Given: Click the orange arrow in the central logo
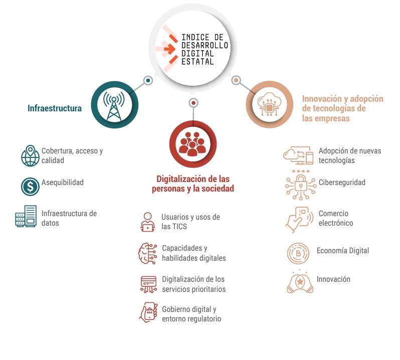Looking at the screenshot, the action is (x=170, y=49).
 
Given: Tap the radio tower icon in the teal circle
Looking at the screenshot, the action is (x=114, y=106).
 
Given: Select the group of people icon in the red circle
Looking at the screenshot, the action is (x=192, y=144).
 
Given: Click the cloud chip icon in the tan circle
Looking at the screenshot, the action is (x=269, y=105).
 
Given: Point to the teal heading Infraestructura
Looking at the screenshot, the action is (x=55, y=108).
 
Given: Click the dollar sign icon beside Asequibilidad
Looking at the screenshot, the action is (x=30, y=187).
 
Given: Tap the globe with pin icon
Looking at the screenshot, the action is (x=30, y=155).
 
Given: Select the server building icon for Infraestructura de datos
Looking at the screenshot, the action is (x=26, y=216).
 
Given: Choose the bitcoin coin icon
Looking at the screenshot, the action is (x=298, y=253).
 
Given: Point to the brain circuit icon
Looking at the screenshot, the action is (x=148, y=253).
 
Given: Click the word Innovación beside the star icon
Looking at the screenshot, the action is (x=333, y=279).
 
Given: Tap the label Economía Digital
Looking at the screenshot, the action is (x=343, y=251).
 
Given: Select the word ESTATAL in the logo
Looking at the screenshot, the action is (x=197, y=62).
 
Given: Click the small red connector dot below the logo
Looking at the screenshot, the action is (x=193, y=103).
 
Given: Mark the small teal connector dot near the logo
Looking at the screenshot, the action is (x=148, y=81).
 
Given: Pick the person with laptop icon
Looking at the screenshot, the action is (x=147, y=222).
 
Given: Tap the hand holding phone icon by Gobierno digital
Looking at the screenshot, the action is (x=148, y=312).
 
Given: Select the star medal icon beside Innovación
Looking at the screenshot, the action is (x=300, y=281).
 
